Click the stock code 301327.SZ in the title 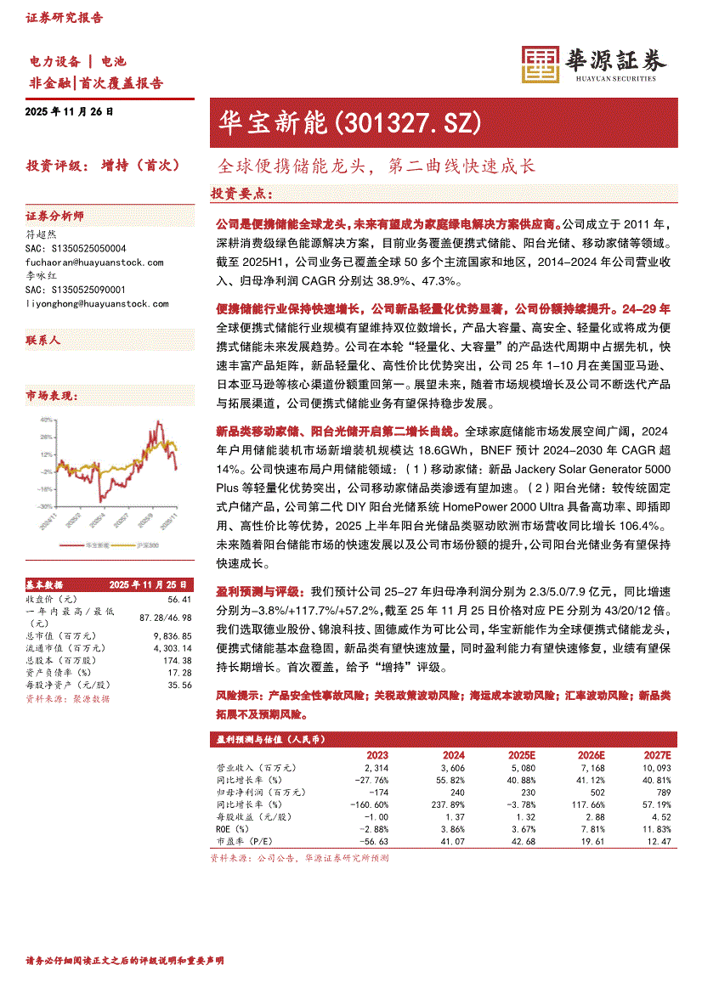click(410, 123)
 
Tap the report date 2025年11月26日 click(70, 112)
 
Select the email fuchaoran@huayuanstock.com click(95, 262)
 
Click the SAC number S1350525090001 click(76, 290)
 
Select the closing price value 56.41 click(178, 600)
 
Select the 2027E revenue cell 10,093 click(655, 767)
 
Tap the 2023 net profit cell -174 click(376, 792)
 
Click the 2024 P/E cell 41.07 click(451, 841)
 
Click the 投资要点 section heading click(241, 195)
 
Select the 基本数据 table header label click(44, 585)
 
